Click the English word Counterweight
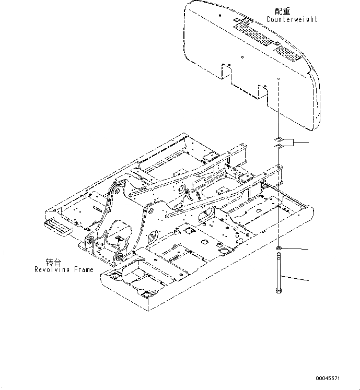point(292,19)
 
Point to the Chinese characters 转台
point(53,262)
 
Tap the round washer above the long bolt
point(280,246)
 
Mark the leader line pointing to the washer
point(297,249)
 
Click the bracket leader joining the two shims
point(295,143)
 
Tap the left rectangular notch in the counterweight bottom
point(227,72)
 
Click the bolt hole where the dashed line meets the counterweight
point(279,79)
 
